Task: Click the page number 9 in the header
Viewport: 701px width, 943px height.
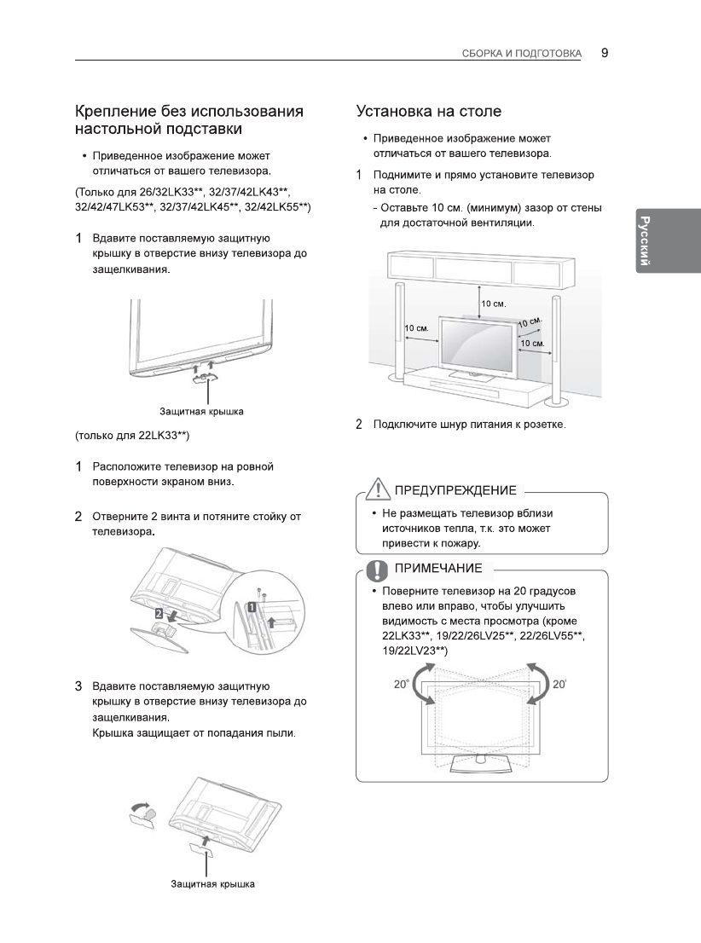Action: (604, 53)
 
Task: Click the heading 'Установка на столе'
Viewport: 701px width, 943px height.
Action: (428, 112)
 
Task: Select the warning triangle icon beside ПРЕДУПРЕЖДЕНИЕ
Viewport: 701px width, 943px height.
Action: (375, 489)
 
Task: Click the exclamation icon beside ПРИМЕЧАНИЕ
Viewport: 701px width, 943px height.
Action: (375, 568)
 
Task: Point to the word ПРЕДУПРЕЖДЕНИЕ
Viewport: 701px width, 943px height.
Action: (454, 490)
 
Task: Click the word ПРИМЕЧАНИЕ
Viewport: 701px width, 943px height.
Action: (437, 569)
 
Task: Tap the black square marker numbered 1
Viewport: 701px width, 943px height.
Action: (252, 607)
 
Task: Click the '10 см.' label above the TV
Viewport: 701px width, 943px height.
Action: (493, 304)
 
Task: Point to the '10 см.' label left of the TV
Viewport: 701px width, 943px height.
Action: (416, 328)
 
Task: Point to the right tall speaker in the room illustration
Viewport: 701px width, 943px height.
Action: (555, 350)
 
